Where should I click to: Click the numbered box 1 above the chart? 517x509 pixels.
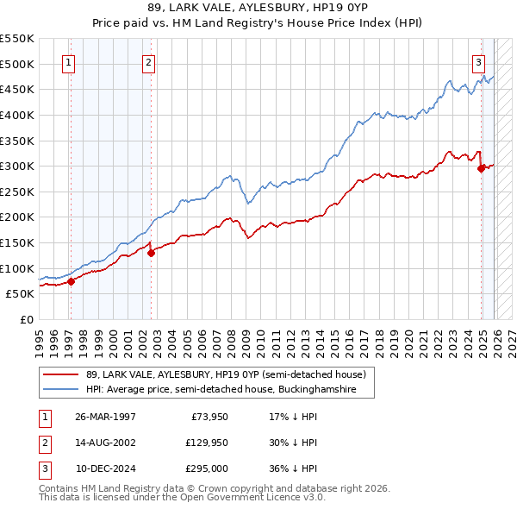[x=68, y=62]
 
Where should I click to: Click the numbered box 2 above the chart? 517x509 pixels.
[x=148, y=62]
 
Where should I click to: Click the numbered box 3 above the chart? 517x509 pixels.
[x=478, y=62]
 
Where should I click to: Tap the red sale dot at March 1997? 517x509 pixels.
[x=72, y=281]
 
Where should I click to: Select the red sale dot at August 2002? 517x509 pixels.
[x=151, y=253]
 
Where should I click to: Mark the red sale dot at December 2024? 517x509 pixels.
[x=481, y=169]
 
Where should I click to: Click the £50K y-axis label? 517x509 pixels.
[x=21, y=294]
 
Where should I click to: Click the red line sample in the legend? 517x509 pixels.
[x=61, y=374]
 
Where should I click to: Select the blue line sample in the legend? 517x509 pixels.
[x=61, y=390]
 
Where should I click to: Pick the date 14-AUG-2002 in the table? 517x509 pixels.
[x=106, y=443]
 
